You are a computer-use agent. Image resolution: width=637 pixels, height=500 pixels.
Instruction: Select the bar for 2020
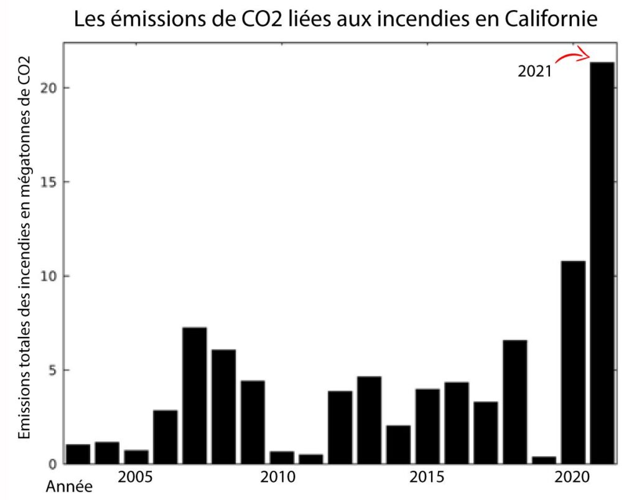click(x=572, y=362)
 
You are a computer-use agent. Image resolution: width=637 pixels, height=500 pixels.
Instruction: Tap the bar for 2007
click(x=194, y=395)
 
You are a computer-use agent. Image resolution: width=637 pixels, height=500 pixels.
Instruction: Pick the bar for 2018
click(x=514, y=402)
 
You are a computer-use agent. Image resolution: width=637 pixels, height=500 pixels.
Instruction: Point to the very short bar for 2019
click(x=544, y=460)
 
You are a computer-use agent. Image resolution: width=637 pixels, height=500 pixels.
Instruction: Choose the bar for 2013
click(x=369, y=420)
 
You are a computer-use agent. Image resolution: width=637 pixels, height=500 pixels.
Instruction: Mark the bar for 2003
click(x=78, y=454)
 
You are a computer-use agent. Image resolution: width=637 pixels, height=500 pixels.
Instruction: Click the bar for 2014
click(x=398, y=445)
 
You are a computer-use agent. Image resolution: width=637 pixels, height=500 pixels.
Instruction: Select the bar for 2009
click(x=253, y=422)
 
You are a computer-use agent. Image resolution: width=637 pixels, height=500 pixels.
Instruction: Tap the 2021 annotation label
click(x=534, y=72)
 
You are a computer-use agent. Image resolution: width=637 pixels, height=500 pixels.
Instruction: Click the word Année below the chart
click(x=69, y=486)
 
